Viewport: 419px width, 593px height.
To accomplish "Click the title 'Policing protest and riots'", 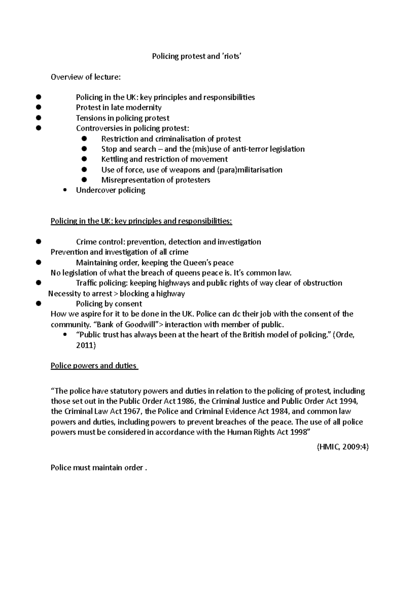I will [197, 56].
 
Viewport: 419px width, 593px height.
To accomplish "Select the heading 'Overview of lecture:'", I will [86, 77].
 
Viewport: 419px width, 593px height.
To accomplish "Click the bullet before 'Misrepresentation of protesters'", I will [84, 180].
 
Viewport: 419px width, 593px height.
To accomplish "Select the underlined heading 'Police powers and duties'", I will [94, 366].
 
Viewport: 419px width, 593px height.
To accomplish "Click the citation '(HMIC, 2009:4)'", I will [343, 447].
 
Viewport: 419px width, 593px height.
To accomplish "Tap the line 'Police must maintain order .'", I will [99, 468].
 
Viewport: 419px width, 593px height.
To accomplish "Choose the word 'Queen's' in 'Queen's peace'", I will [197, 263].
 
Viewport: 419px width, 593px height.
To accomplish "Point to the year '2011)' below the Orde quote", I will [86, 345].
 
